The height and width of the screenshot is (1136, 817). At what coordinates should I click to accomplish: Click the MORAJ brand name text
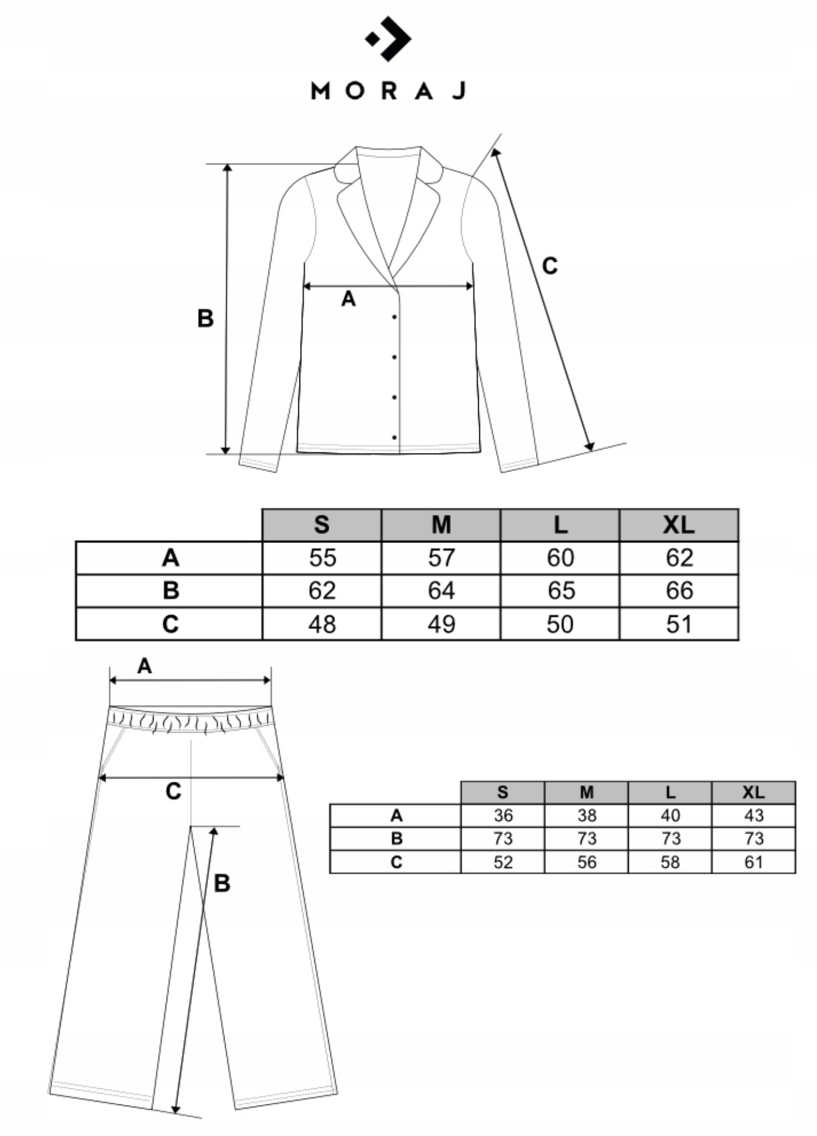tap(388, 91)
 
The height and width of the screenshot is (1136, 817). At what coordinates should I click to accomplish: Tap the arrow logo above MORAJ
tap(388, 39)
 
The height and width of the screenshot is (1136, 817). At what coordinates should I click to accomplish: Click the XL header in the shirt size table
tap(679, 524)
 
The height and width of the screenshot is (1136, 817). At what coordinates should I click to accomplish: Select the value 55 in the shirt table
tap(322, 558)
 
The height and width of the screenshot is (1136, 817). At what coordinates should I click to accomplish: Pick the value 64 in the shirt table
tap(441, 591)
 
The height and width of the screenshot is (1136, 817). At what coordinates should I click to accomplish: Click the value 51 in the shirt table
tap(679, 624)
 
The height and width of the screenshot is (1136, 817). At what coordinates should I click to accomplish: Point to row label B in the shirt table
tap(170, 591)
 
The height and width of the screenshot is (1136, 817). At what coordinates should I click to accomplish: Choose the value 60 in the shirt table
tap(560, 558)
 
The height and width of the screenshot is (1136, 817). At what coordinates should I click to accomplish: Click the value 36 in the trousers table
tap(503, 815)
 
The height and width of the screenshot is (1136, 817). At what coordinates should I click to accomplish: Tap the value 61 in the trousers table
tap(753, 862)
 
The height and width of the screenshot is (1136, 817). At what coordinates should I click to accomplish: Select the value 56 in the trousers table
tap(587, 862)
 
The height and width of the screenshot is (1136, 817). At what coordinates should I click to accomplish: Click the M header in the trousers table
tap(587, 792)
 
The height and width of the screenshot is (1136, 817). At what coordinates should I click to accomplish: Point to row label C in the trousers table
tap(396, 862)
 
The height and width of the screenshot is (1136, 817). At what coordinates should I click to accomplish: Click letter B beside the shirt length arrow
tap(205, 319)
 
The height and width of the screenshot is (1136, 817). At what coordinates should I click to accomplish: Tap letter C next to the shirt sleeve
tap(550, 266)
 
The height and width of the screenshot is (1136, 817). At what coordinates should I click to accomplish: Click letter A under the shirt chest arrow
tap(348, 299)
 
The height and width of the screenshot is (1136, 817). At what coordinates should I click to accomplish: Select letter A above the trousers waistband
tap(145, 666)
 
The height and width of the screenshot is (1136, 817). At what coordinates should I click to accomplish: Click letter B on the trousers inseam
tap(222, 883)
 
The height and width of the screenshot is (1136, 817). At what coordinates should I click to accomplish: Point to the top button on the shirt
tap(394, 317)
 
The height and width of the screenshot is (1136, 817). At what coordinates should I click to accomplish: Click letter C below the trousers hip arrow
tap(173, 792)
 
